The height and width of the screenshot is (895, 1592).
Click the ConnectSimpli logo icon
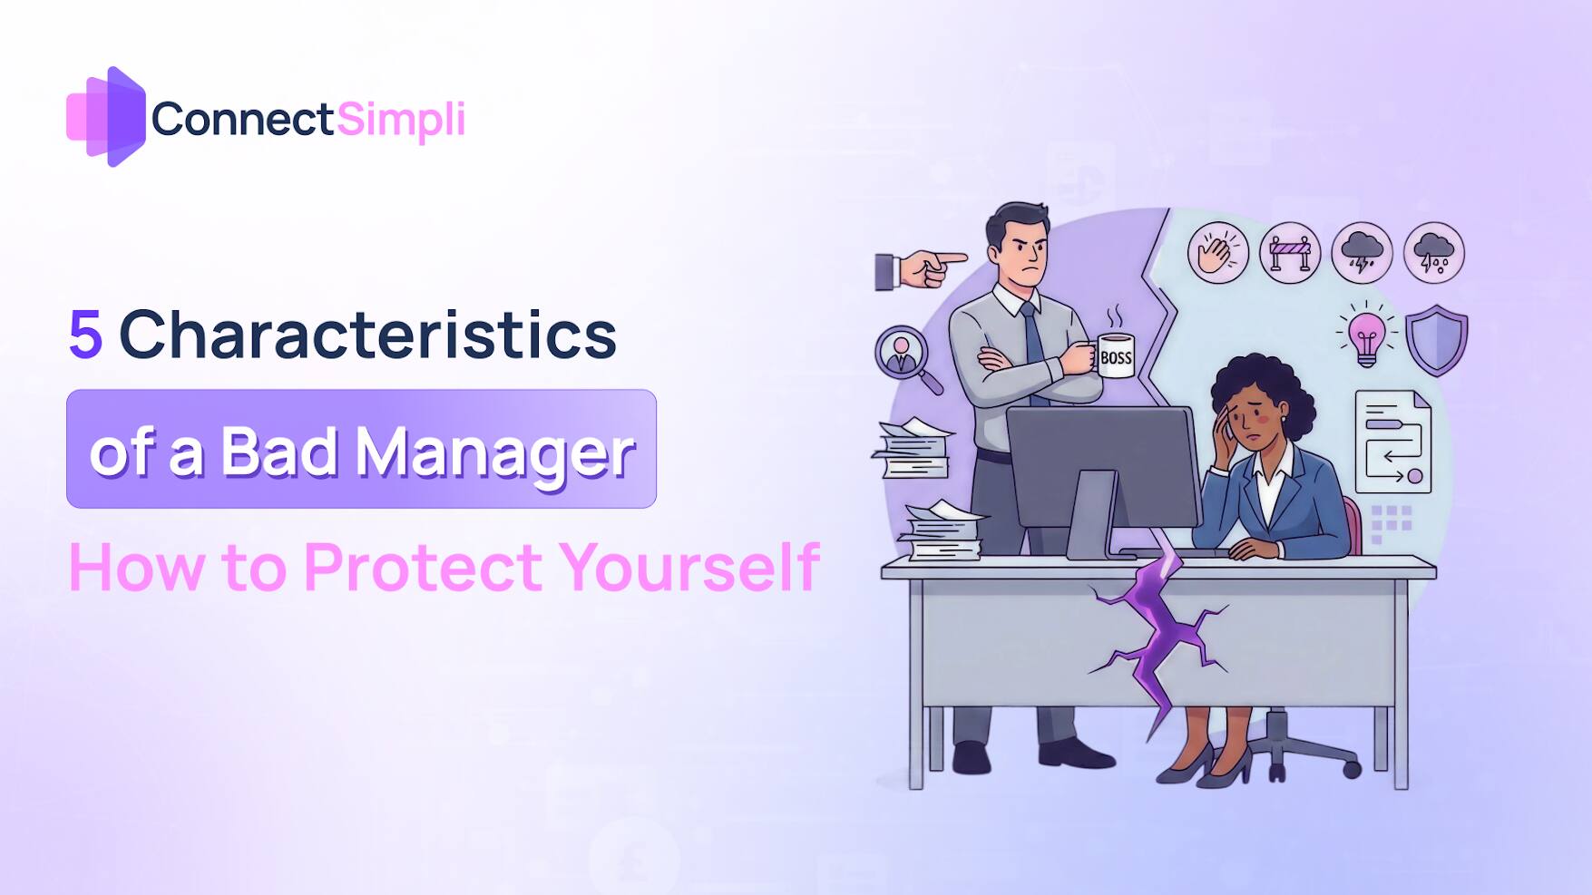(106, 117)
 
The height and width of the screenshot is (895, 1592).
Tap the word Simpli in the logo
(400, 120)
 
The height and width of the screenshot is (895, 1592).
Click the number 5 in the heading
(85, 335)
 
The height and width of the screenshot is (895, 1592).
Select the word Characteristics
(367, 335)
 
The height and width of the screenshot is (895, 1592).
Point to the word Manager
(494, 452)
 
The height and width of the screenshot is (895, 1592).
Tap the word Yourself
(689, 568)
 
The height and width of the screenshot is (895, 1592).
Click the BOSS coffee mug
(1115, 355)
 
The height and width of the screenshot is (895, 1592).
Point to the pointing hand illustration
(919, 269)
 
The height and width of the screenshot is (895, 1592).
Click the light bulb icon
(1366, 336)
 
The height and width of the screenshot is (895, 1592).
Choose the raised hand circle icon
(1217, 253)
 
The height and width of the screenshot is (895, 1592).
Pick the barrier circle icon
(1289, 253)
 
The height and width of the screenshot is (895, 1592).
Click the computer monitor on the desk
(1103, 467)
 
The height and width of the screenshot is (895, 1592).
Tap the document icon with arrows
(1392, 442)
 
